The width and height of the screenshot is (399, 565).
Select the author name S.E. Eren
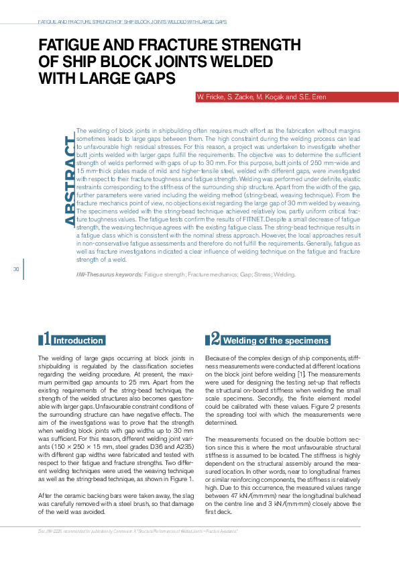click(x=313, y=97)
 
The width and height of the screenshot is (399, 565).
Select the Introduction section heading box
click(x=78, y=340)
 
